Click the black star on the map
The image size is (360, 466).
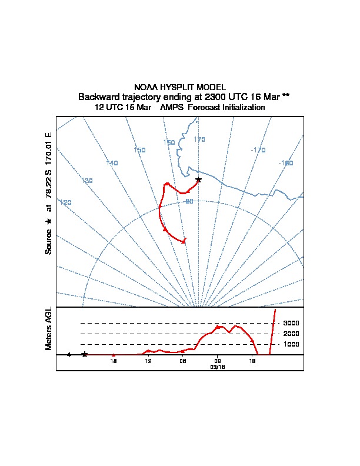(198, 179)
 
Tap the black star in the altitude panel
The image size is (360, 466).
(85, 354)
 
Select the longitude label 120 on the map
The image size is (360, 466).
(65, 202)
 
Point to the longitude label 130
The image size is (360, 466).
(87, 181)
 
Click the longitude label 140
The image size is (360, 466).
(112, 162)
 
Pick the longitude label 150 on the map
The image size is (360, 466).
(139, 150)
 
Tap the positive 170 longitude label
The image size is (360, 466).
(199, 139)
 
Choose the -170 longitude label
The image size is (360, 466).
(258, 150)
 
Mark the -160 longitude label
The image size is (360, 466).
(286, 162)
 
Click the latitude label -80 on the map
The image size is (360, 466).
(189, 201)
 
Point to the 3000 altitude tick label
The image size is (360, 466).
(291, 323)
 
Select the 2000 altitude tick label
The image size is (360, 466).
(291, 334)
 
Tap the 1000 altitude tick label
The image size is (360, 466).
(291, 344)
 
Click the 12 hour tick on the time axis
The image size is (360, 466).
(148, 361)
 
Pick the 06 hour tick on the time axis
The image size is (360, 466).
(183, 361)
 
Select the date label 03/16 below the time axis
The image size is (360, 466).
(218, 367)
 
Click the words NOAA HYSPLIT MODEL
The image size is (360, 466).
(180, 87)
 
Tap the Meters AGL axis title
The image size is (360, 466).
(49, 328)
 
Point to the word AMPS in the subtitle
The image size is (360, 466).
(172, 108)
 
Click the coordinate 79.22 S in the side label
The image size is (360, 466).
(49, 187)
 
